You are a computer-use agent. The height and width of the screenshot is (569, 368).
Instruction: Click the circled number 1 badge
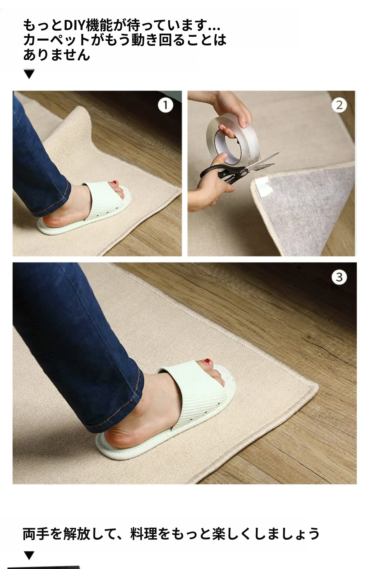click(166, 106)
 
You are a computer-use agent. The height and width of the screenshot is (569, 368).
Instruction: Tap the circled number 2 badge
click(339, 105)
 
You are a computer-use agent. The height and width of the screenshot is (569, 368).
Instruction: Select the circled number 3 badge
click(339, 277)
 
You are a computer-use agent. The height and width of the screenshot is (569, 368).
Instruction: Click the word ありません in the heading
click(57, 55)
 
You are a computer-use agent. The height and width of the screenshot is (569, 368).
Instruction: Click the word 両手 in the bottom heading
click(36, 534)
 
